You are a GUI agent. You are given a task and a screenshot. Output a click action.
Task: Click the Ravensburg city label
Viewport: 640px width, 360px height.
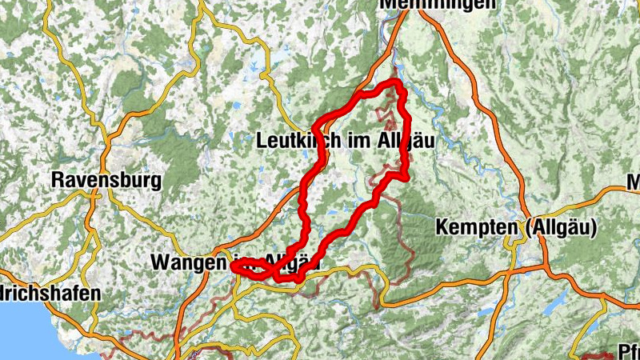(106, 180)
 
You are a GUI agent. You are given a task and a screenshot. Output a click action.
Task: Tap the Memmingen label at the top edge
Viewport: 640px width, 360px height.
(437, 4)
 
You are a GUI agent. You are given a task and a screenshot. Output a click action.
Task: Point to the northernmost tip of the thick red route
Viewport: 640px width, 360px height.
(394, 82)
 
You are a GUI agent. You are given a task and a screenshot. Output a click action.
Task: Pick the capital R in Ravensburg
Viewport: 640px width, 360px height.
(58, 180)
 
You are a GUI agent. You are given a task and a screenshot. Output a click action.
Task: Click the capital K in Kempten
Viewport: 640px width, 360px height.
(442, 228)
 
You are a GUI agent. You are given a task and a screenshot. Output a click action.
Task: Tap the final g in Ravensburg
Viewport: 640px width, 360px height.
(155, 182)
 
